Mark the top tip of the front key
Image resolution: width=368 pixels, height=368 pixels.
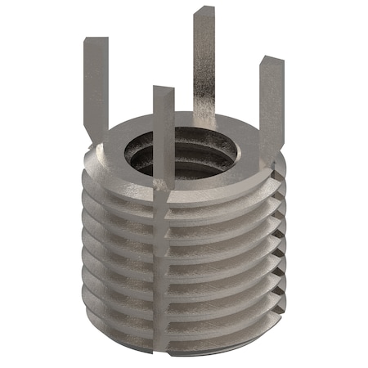[x=163, y=88]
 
